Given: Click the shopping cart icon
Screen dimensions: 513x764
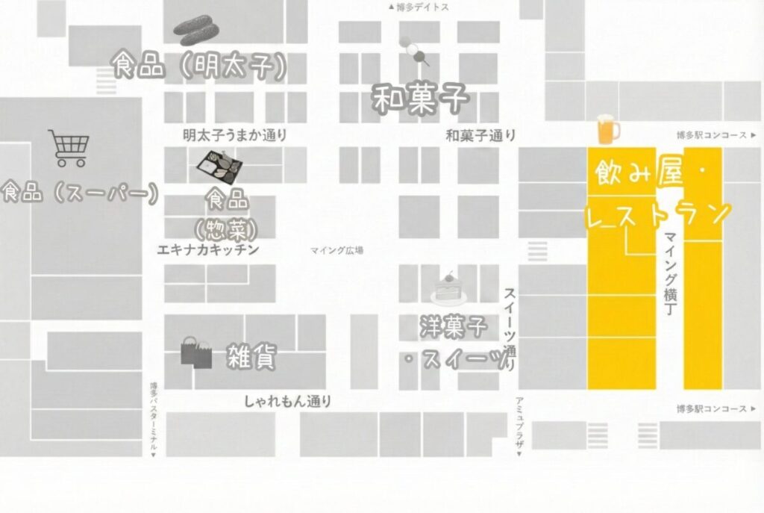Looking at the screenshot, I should tap(69, 148).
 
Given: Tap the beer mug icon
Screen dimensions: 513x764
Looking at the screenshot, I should tap(607, 129).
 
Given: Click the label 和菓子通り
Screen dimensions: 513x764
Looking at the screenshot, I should tap(480, 135).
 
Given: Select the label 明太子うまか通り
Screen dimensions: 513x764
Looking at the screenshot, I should tap(235, 135).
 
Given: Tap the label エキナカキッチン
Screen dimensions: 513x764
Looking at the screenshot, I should tap(208, 249).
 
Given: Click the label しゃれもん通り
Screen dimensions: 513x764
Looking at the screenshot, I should tap(287, 402).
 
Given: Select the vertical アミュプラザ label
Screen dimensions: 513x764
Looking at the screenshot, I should tap(519, 426).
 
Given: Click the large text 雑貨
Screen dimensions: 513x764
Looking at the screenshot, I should tap(251, 358).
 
